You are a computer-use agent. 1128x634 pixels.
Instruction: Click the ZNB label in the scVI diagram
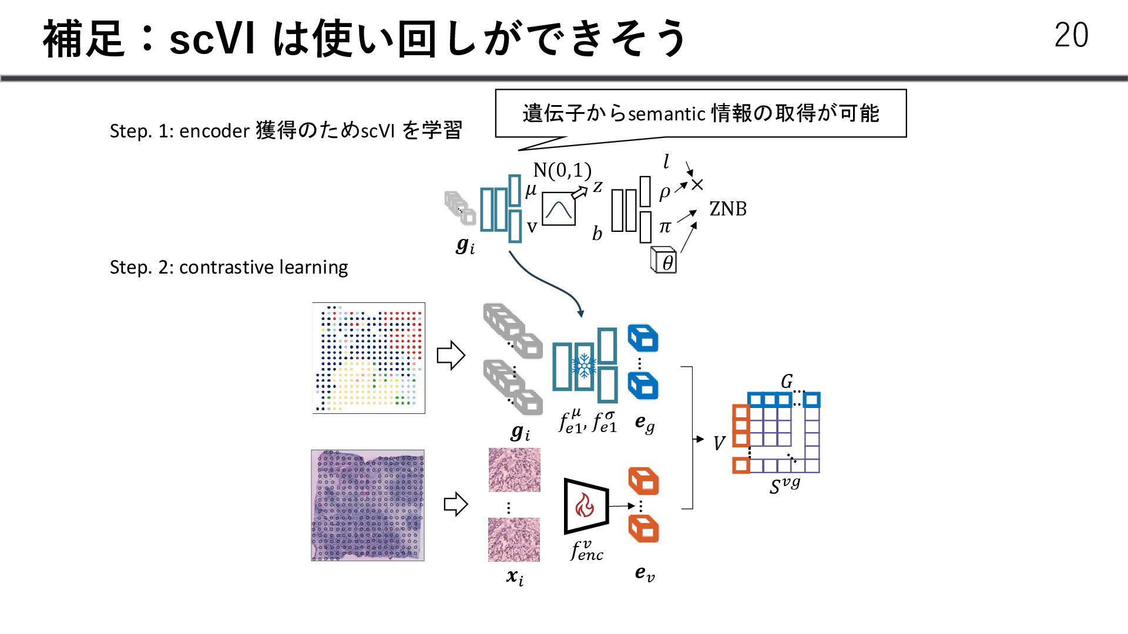pyautogui.click(x=728, y=208)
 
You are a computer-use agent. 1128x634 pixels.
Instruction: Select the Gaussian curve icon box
pyautogui.click(x=558, y=209)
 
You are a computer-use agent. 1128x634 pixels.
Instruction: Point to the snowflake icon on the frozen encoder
pyautogui.click(x=584, y=366)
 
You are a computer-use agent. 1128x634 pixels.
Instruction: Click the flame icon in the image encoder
pyautogui.click(x=585, y=505)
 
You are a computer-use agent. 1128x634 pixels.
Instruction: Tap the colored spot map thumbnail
pyautogui.click(x=368, y=358)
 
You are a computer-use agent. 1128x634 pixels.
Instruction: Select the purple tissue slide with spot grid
pyautogui.click(x=368, y=505)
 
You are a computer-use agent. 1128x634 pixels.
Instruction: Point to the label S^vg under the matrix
pyautogui.click(x=784, y=485)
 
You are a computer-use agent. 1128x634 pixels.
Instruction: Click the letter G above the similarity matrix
pyautogui.click(x=786, y=382)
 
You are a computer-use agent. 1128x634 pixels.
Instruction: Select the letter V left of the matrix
pyautogui.click(x=719, y=443)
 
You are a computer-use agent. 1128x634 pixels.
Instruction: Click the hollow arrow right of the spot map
pyautogui.click(x=451, y=355)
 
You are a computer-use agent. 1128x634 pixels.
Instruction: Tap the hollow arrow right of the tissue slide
pyautogui.click(x=455, y=504)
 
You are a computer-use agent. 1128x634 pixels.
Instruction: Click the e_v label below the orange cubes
pyautogui.click(x=644, y=573)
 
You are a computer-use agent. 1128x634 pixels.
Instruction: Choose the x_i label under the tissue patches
pyautogui.click(x=515, y=577)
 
